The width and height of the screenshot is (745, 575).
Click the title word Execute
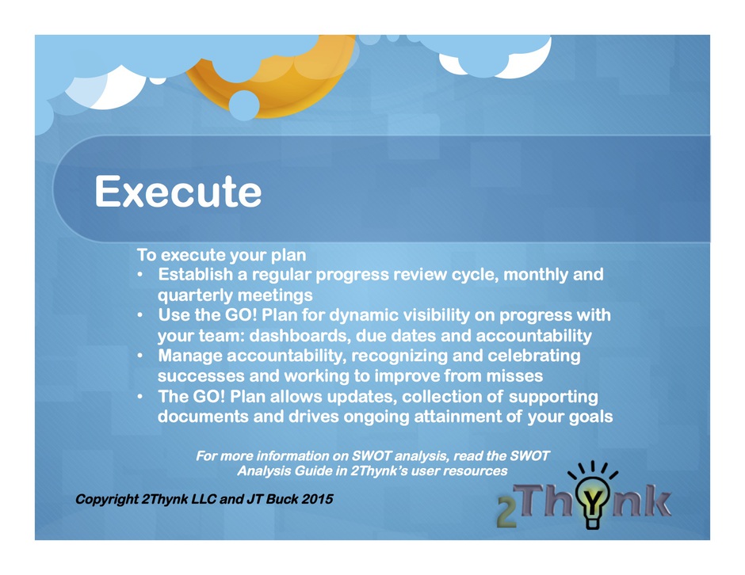[x=178, y=192]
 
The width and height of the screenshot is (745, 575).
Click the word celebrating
[x=534, y=356]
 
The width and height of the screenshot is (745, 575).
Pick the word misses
[x=514, y=376]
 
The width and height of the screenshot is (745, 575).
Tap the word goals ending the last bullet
[x=591, y=417]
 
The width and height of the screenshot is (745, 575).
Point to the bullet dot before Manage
[x=139, y=355]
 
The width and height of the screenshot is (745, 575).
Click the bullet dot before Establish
[x=139, y=274]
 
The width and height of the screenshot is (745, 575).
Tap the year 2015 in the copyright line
[x=317, y=499]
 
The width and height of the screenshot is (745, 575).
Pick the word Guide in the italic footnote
[x=313, y=471]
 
